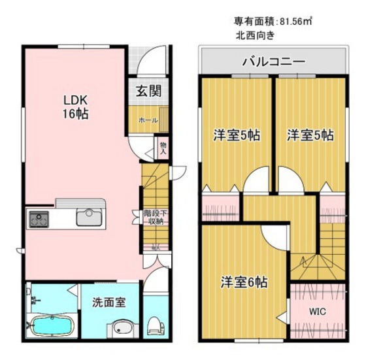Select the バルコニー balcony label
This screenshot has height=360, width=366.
[273, 63]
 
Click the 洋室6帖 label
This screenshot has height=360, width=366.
[243, 283]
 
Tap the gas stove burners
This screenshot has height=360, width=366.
[38, 218]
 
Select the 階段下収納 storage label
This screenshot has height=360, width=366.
[154, 217]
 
